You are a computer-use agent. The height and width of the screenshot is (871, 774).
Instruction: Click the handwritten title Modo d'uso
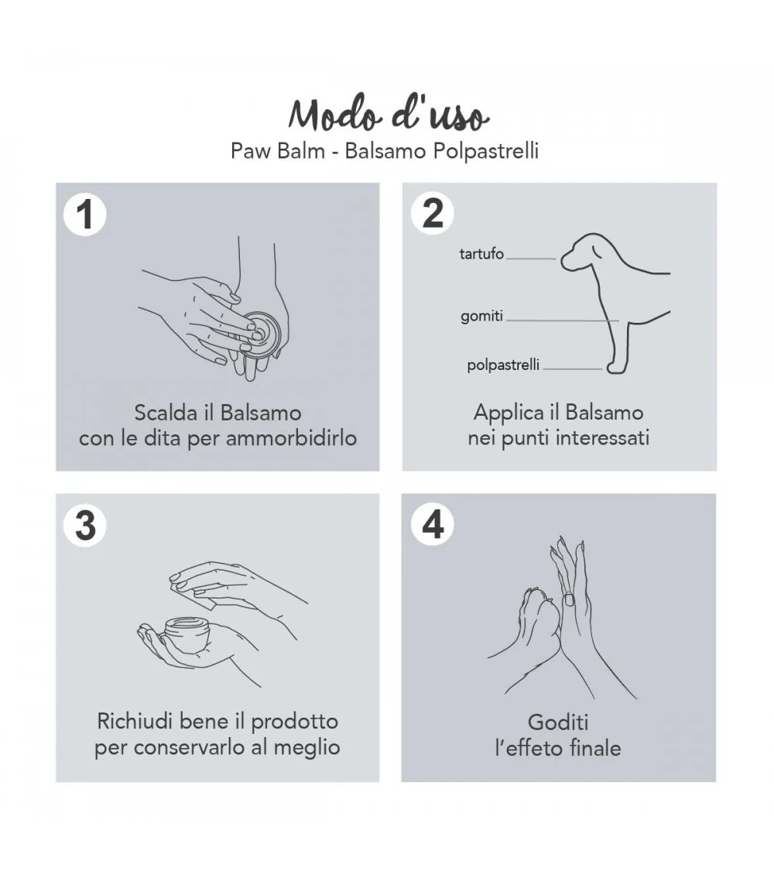point(388,115)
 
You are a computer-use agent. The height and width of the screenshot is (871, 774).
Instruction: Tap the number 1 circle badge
point(85,214)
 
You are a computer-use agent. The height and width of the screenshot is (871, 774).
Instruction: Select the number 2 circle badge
point(433,214)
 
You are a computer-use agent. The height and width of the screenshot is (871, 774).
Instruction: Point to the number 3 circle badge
point(85,525)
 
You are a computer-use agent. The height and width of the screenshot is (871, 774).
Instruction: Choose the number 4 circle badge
point(433,524)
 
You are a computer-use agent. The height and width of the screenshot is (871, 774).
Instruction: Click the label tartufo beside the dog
point(481,254)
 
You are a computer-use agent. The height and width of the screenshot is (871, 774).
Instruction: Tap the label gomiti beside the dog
point(481,316)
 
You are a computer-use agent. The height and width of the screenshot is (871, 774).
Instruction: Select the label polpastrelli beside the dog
point(503,365)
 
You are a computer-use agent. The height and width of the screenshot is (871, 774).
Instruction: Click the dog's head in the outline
point(583,252)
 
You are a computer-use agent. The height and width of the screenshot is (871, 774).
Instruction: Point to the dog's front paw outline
point(616,367)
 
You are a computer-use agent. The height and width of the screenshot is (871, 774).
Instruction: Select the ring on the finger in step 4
point(569,599)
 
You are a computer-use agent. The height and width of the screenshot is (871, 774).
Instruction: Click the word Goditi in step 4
point(558,722)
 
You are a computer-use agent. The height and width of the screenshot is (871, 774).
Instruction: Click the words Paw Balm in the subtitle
point(278,150)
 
